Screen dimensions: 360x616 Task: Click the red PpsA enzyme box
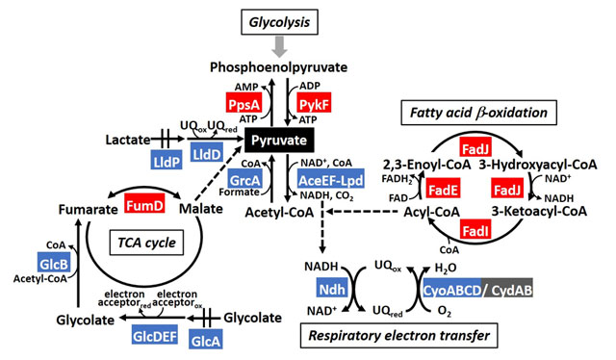[x=244, y=101]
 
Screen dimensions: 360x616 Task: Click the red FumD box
[x=144, y=204]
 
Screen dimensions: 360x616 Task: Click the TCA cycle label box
[x=143, y=243]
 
